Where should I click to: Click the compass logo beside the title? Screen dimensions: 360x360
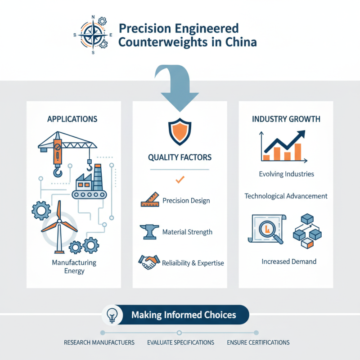click(93, 35)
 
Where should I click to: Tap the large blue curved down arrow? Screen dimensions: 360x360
click(177, 87)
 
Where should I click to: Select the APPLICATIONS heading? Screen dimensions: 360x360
click(72, 119)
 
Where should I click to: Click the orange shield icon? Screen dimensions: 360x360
click(180, 131)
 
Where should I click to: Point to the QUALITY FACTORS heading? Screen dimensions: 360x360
click(180, 157)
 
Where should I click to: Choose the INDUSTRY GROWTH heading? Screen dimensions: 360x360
click(286, 119)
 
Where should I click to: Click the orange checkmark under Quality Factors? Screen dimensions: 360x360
click(180, 179)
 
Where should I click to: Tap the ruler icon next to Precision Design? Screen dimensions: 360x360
click(150, 199)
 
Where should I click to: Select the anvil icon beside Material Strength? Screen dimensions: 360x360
click(149, 232)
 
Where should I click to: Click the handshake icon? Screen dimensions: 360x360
click(149, 262)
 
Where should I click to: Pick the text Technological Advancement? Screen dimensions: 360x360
click(286, 196)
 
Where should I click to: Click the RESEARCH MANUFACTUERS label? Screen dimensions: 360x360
click(99, 342)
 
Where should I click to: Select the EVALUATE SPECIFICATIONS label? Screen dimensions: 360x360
click(181, 342)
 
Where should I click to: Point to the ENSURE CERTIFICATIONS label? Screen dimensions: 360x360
click(258, 342)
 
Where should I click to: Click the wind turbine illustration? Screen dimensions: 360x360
click(59, 227)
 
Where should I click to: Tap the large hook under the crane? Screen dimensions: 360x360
click(58, 171)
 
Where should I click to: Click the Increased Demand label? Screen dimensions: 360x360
click(289, 261)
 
